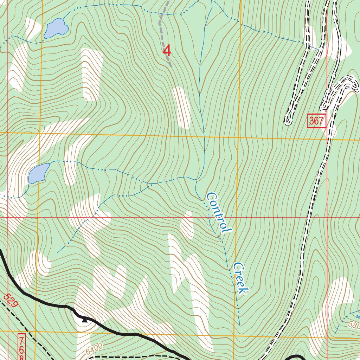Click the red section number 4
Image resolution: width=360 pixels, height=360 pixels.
pyautogui.click(x=167, y=51)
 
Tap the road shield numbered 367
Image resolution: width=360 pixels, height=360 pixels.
pyautogui.click(x=316, y=121)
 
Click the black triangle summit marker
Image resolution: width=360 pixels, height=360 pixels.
pyautogui.click(x=84, y=320)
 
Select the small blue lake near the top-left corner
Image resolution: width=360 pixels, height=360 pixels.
pyautogui.click(x=56, y=28)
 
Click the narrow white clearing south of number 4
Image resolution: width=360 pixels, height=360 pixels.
pyautogui.click(x=182, y=107)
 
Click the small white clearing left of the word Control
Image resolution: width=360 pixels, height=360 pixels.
pyautogui.click(x=187, y=225)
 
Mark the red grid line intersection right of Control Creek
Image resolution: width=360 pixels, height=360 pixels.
pyautogui.click(x=327, y=218)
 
